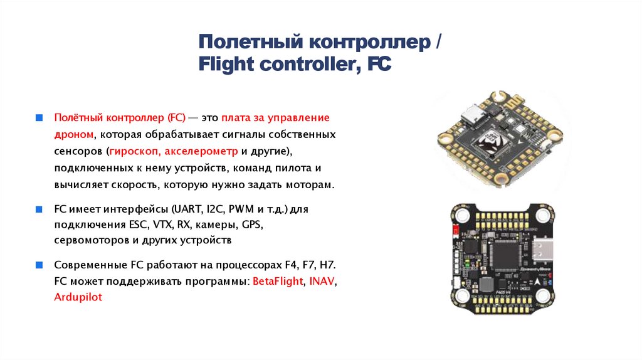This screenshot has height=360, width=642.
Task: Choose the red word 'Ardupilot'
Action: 78,298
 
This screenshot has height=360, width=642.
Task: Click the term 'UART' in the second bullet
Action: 187,209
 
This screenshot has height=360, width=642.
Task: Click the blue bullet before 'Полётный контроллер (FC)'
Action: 39,117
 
